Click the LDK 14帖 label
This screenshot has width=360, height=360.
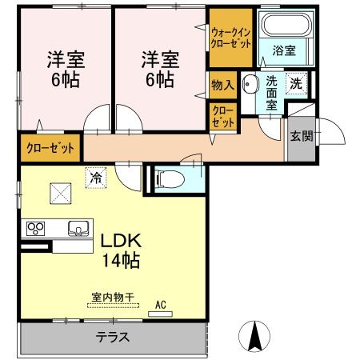[121, 250]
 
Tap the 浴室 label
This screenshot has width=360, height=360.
[284, 50]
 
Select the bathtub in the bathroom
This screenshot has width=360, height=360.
[284, 28]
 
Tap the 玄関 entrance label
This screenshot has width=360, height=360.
[302, 134]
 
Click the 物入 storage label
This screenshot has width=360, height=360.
[222, 84]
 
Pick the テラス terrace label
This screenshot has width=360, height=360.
[114, 337]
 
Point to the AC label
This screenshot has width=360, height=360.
[160, 305]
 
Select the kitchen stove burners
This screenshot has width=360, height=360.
[37, 227]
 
